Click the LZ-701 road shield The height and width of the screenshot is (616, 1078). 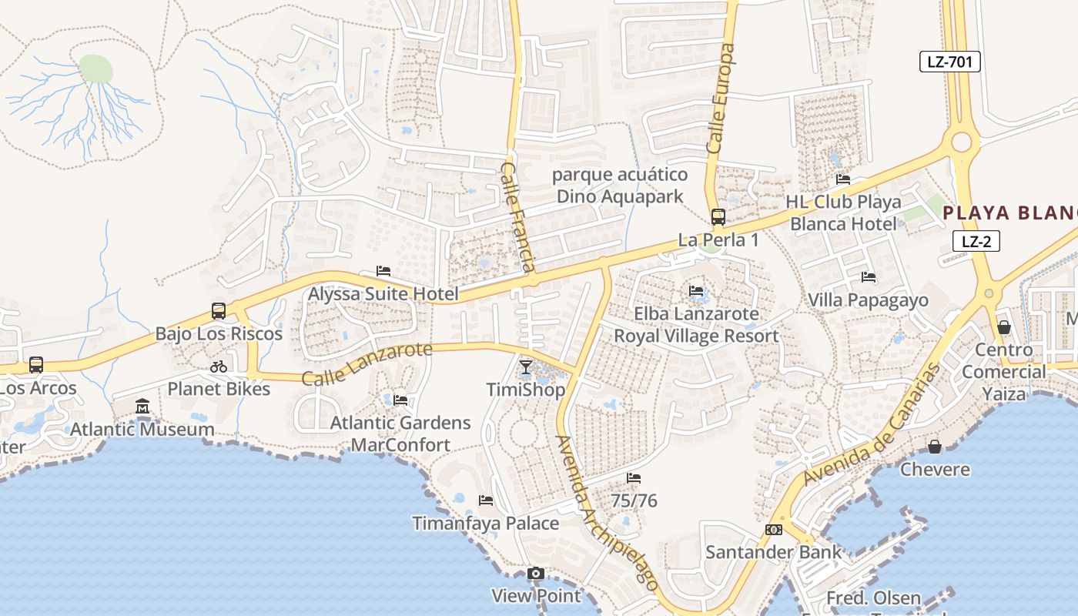tap(949, 62)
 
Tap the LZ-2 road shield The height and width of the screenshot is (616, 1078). tap(976, 241)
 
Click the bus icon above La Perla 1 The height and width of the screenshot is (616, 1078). tap(718, 217)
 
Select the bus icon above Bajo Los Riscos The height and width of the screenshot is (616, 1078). tap(219, 311)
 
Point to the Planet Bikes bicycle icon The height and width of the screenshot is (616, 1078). tap(219, 367)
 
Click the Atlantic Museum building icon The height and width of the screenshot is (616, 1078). tap(142, 406)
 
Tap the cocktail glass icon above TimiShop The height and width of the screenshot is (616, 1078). tap(526, 367)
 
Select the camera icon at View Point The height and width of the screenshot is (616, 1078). tap(536, 574)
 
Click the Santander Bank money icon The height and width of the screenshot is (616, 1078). tap(774, 530)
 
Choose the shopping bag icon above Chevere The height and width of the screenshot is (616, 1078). tap(935, 447)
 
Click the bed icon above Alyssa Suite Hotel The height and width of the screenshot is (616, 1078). tap(383, 271)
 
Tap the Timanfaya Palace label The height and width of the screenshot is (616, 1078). tap(485, 524)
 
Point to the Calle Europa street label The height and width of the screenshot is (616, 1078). tap(721, 98)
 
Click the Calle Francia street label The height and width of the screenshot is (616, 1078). tap(518, 216)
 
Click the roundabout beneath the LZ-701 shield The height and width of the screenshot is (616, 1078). tap(961, 142)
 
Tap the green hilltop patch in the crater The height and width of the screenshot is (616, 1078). tap(95, 69)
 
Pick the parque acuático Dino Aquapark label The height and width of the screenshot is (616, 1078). tap(620, 185)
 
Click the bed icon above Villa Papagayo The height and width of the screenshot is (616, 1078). tap(869, 277)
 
